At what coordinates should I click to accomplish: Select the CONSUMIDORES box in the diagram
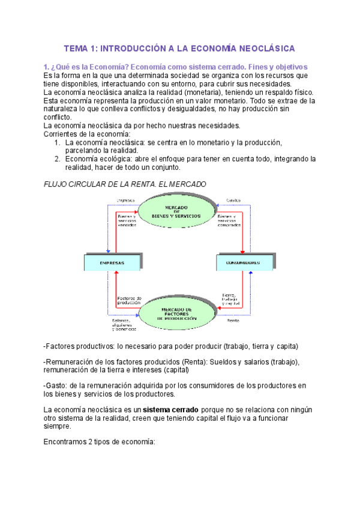click(242, 262)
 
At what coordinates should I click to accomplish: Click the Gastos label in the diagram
click(233, 200)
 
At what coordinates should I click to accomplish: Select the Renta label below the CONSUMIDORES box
click(233, 321)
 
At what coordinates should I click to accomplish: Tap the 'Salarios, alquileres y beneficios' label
click(124, 324)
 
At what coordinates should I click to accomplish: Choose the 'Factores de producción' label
click(129, 300)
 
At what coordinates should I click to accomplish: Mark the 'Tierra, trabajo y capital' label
click(230, 300)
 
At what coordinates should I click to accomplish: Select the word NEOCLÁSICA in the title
click(263, 48)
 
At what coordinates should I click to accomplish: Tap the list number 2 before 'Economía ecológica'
click(57, 159)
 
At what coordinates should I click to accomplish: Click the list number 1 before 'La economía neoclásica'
click(57, 142)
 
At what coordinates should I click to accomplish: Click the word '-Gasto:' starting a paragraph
click(56, 385)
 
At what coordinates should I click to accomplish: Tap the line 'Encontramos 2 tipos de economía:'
click(100, 442)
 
